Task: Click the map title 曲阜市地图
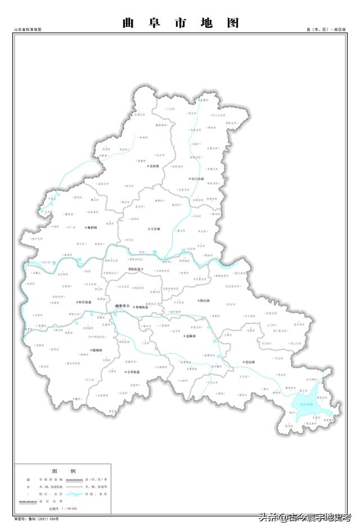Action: pyautogui.click(x=180, y=23)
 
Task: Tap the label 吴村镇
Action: pyautogui.click(x=154, y=167)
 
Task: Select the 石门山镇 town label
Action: pyautogui.click(x=197, y=179)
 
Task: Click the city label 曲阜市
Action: pyautogui.click(x=121, y=306)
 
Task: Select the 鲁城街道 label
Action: pyautogui.click(x=141, y=307)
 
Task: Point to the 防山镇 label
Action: pyautogui.click(x=204, y=301)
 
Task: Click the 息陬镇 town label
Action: pyautogui.click(x=190, y=336)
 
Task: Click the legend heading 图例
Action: pyautogui.click(x=64, y=470)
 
